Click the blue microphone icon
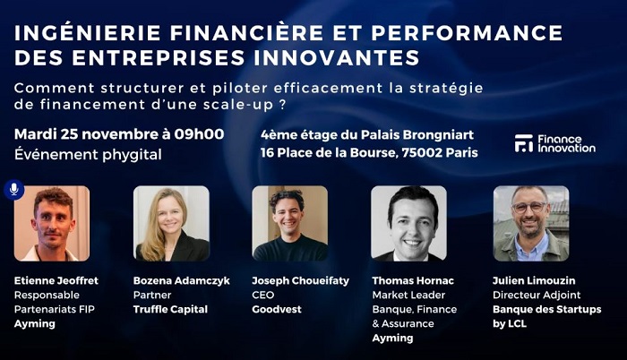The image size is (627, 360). pos(13,190)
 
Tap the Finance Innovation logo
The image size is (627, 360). pos(555,143)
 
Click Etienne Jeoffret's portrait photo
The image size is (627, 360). pos(52,223)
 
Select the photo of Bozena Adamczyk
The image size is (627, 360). pos(171,223)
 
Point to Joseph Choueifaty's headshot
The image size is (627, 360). pos(289,223)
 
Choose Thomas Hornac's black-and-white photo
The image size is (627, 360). pos(408,223)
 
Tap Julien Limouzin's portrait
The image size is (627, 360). pos(530,223)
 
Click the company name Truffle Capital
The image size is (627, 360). pos(170,309)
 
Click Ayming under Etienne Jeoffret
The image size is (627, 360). pos(34,323)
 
